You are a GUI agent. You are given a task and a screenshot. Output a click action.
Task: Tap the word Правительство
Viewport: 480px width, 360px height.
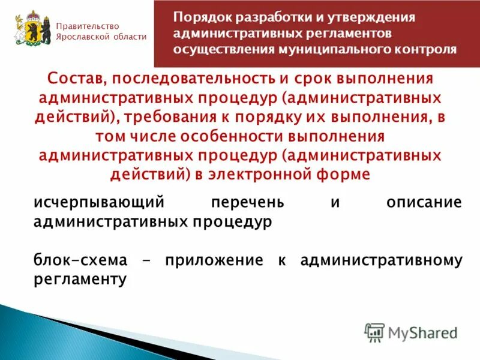pyautogui.click(x=88, y=26)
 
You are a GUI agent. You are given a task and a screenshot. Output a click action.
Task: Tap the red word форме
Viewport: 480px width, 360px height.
pyautogui.click(x=349, y=173)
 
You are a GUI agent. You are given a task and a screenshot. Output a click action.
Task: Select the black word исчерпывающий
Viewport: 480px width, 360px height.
pyautogui.click(x=100, y=202)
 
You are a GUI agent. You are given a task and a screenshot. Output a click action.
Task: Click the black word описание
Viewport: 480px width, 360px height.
pyautogui.click(x=424, y=202)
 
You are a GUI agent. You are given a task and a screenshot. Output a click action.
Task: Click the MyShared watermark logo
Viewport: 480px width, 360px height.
pyautogui.click(x=411, y=332)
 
